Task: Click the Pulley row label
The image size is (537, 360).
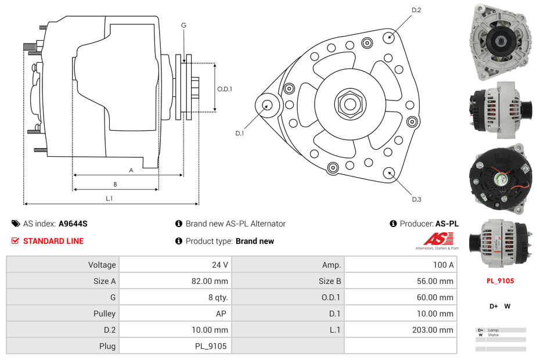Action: [104, 314]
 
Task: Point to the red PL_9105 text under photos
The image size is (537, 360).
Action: [500, 281]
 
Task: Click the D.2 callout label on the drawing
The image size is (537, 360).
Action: [416, 10]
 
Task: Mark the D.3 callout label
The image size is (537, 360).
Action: [416, 199]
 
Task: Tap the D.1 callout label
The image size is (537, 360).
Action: [239, 134]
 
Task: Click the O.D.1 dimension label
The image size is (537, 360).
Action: [225, 89]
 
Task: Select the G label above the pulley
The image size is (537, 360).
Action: [183, 26]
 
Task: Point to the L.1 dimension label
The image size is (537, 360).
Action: [109, 199]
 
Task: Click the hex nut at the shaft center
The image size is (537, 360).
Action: [349, 104]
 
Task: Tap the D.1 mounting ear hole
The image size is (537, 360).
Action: [267, 105]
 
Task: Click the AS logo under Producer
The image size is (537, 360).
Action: [437, 239]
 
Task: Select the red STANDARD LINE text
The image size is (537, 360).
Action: [53, 241]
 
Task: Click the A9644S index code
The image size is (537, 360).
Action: [73, 224]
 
